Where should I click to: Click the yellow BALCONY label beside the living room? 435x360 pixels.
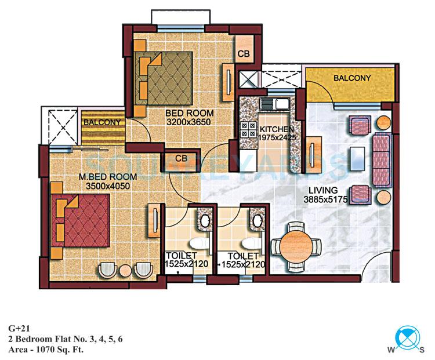pos(352,78)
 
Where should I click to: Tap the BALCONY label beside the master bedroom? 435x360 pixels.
pos(102,123)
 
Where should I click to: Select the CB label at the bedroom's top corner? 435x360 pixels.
pos(244,53)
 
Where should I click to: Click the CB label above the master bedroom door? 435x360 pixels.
pos(181,158)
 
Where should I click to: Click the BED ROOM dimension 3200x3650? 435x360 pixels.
pos(188,122)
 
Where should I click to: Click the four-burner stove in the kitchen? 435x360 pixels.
pos(252,128)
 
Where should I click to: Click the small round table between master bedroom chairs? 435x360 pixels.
pos(125,270)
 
